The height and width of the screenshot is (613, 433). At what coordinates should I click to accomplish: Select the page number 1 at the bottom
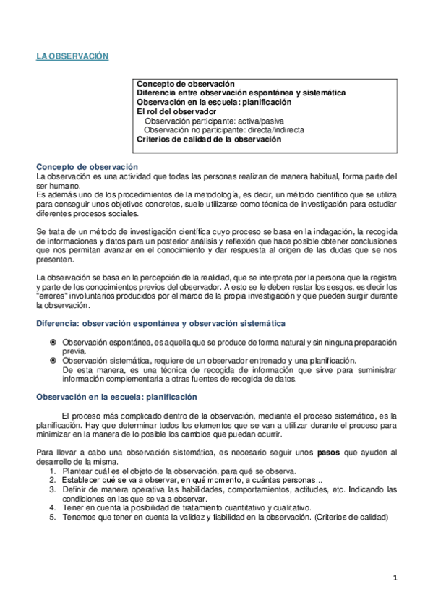(395, 578)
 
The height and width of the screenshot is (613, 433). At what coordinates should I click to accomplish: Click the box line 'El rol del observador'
(176, 112)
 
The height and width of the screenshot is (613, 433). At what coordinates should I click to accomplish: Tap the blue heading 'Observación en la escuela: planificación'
(116, 397)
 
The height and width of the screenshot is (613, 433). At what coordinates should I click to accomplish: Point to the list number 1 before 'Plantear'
(52, 471)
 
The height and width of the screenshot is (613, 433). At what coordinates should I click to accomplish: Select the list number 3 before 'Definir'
(52, 489)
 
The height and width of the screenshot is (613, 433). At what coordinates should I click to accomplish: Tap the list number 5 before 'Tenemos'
(52, 517)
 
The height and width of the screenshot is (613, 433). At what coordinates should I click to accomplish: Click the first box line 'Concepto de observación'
(186, 85)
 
